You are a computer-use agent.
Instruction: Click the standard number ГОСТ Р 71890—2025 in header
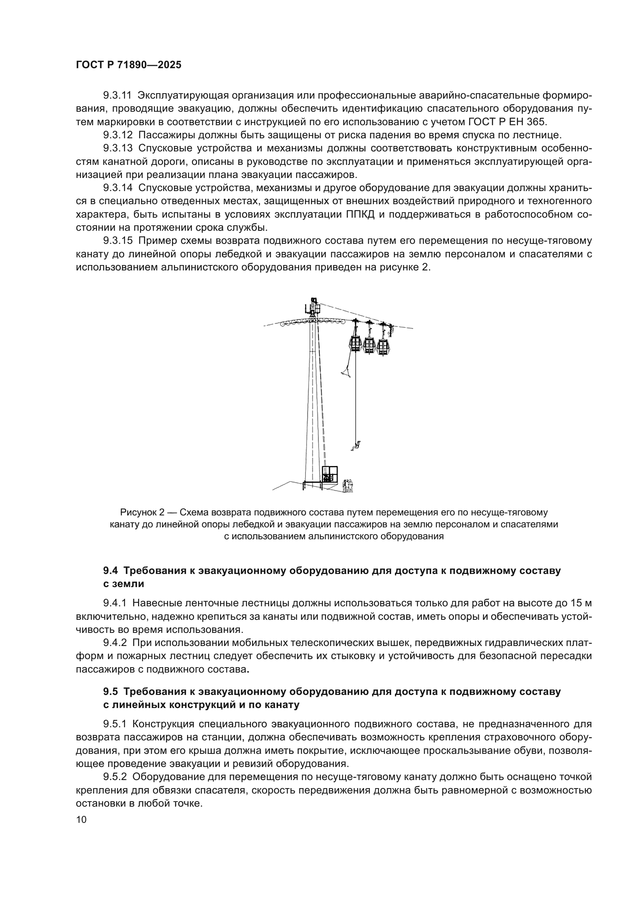click(x=129, y=65)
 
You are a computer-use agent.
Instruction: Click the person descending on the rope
click(x=356, y=446)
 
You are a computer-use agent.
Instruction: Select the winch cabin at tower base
click(x=329, y=475)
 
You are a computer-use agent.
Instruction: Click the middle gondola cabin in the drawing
click(x=369, y=344)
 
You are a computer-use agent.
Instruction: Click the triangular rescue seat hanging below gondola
click(x=346, y=371)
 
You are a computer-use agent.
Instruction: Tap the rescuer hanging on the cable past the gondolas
click(x=390, y=330)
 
